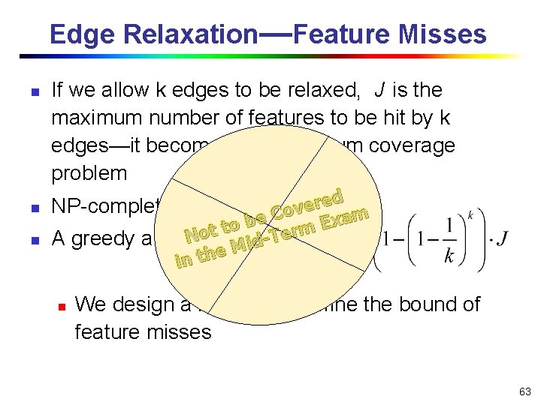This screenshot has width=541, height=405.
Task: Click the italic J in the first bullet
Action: (379, 91)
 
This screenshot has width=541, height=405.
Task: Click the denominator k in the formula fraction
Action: (449, 257)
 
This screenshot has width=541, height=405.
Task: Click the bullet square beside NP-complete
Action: (24, 205)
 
